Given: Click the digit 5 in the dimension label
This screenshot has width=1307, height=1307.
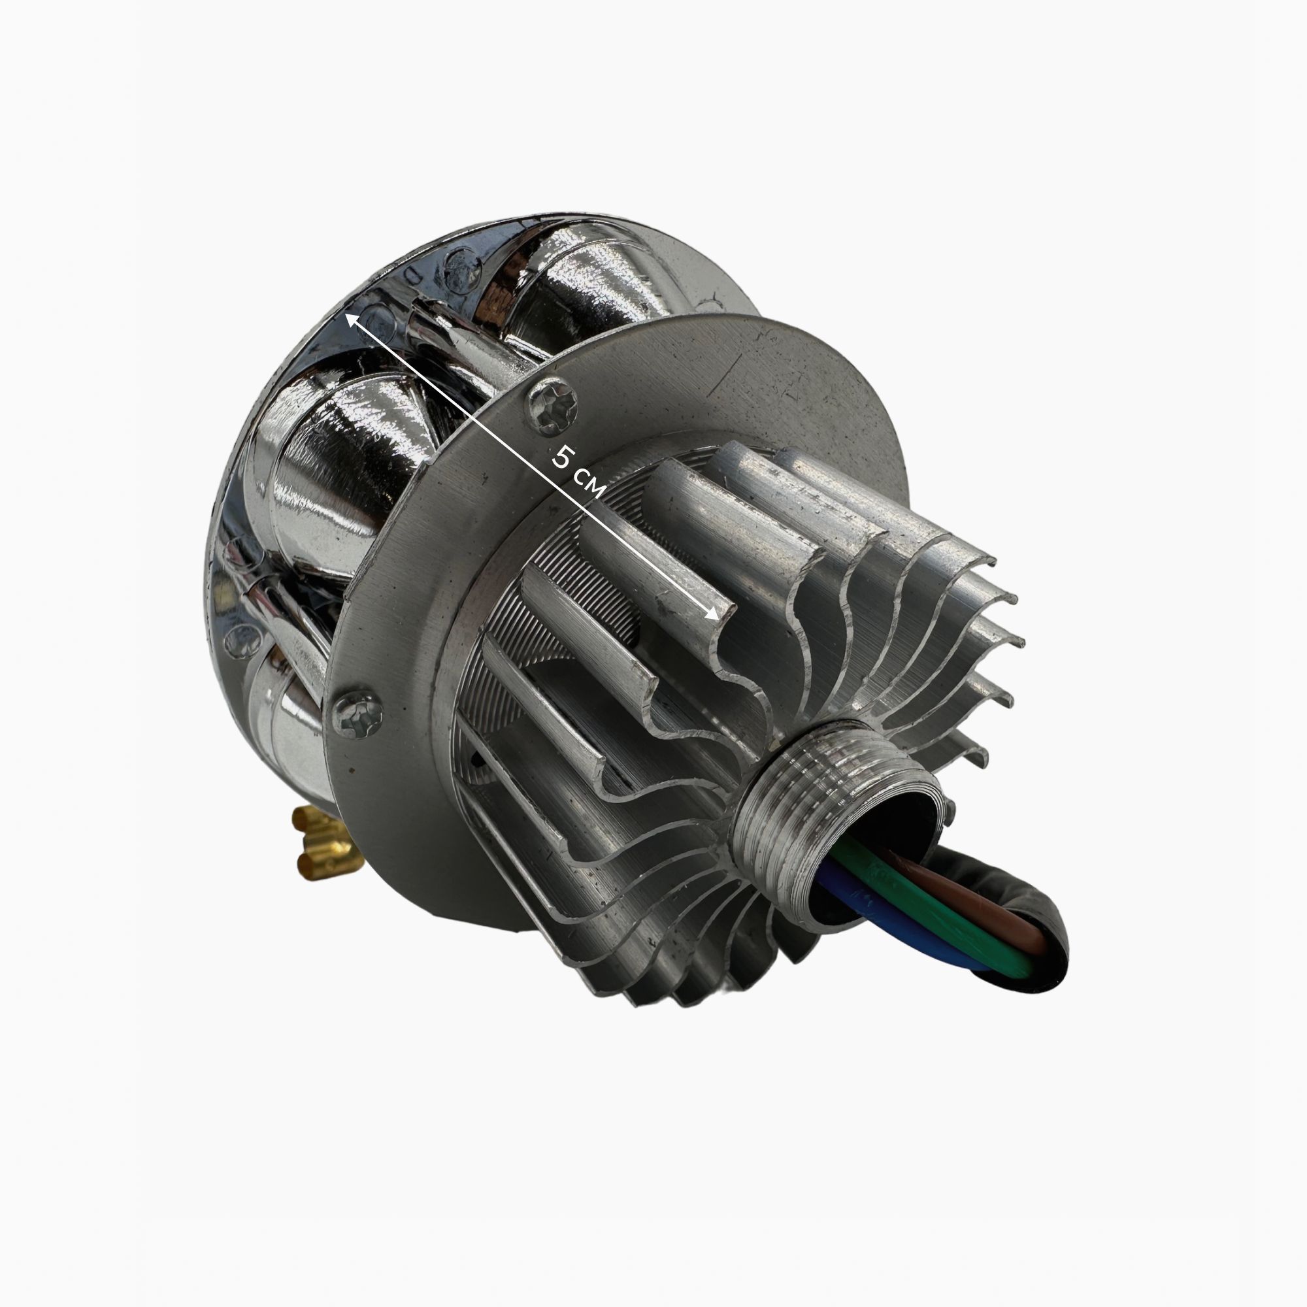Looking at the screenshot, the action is point(561,457).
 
